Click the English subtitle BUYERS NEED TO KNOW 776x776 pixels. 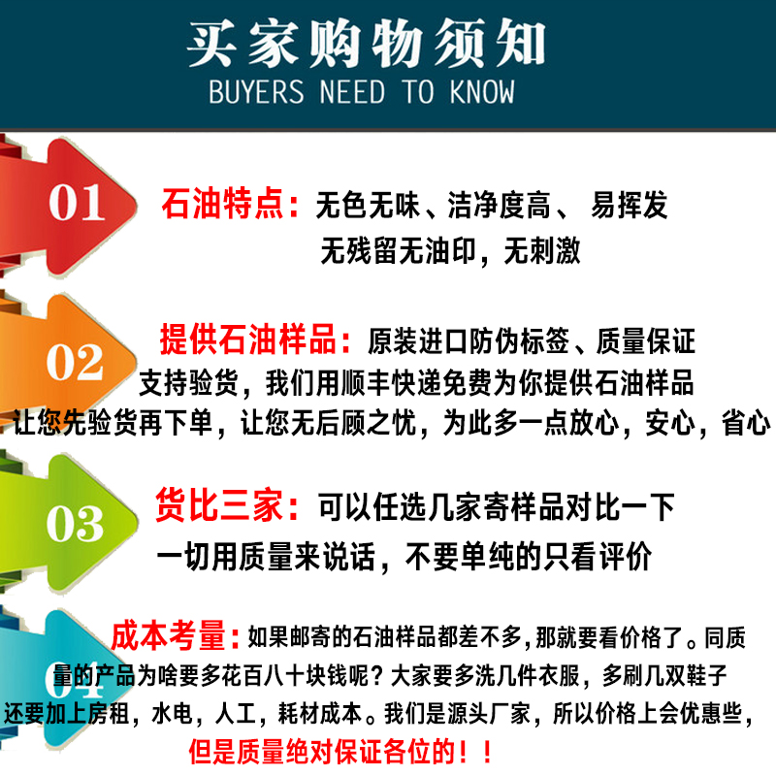pyautogui.click(x=362, y=93)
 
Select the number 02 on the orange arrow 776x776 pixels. pyautogui.click(x=75, y=363)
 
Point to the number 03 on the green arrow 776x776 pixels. pyautogui.click(x=75, y=524)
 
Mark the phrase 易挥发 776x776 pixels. pyautogui.click(x=629, y=206)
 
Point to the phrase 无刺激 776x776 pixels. pyautogui.click(x=541, y=251)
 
